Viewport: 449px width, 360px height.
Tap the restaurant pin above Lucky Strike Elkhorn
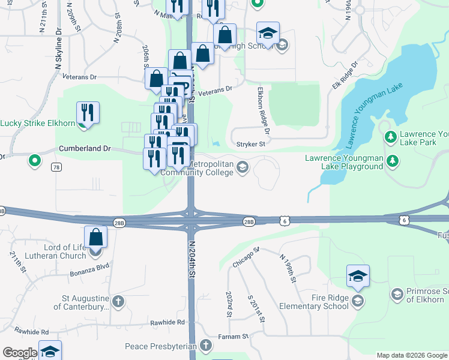[x=88, y=113]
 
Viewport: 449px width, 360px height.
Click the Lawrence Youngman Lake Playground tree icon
[x=393, y=161]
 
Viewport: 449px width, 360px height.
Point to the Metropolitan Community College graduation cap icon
[x=243, y=167]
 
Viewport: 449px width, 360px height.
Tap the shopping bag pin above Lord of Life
[x=96, y=237]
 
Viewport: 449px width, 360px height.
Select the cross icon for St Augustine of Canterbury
[x=118, y=301]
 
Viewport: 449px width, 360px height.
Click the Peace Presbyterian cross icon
[x=206, y=346]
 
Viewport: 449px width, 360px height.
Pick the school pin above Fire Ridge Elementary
[x=358, y=276]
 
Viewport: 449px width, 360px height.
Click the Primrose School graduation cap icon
[x=397, y=294]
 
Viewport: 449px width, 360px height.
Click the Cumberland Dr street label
[x=85, y=148]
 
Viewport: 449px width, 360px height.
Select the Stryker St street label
[x=250, y=144]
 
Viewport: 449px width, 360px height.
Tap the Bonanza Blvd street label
[x=93, y=266]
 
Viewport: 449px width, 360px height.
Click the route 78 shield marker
[x=56, y=166]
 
